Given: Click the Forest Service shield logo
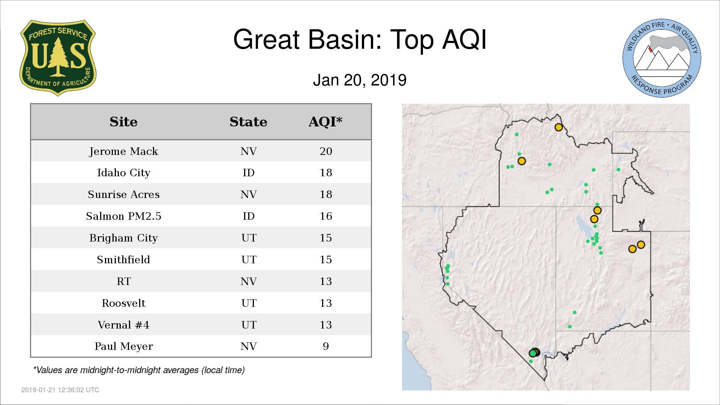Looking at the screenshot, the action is click(58, 58).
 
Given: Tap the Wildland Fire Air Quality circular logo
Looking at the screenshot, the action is click(661, 58).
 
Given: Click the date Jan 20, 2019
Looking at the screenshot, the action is click(360, 80).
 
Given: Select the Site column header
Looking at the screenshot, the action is click(123, 122).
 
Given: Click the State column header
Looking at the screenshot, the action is click(248, 122).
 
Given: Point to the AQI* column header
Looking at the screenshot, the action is click(325, 122).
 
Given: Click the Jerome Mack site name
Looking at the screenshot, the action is click(123, 151).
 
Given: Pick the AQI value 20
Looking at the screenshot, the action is click(326, 151).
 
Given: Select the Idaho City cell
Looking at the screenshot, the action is click(123, 173).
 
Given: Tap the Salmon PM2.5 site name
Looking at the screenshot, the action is click(123, 216).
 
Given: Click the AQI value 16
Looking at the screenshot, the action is click(326, 216).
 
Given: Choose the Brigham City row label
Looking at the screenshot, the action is click(123, 238).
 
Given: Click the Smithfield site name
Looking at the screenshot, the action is click(123, 259).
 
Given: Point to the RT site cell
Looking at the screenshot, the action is click(124, 281).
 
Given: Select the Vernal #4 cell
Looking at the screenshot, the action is click(123, 325).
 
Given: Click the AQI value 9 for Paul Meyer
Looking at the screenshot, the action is click(326, 346).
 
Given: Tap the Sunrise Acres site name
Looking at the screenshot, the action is click(123, 195).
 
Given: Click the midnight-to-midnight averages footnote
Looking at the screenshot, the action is click(139, 370).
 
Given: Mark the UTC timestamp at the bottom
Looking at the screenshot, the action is click(60, 390).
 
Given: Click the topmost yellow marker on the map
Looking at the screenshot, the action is click(558, 127).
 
